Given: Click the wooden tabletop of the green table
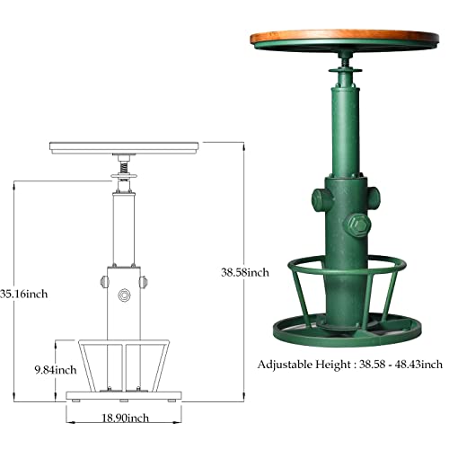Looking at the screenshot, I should pos(344,41).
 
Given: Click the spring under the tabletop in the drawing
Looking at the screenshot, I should pos(124,165).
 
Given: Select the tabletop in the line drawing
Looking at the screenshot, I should pos(124,145).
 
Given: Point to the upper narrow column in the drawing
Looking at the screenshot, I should pos(124,224).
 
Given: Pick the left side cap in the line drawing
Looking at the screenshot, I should pos(101,283).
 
